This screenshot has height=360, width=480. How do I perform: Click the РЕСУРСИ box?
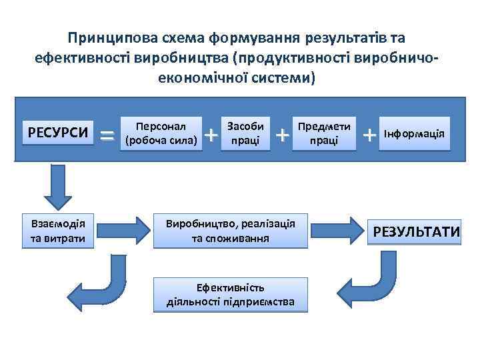pyautogui.click(x=57, y=132)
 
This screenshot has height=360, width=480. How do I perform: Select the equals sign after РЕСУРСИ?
pyautogui.click(x=106, y=135)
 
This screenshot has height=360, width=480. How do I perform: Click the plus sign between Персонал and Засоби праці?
pyautogui.click(x=211, y=135)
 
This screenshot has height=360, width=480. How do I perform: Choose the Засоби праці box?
pyautogui.click(x=246, y=133)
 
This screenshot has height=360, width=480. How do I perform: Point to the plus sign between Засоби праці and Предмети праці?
pyautogui.click(x=283, y=135)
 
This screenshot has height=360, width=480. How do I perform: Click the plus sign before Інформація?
pyautogui.click(x=369, y=135)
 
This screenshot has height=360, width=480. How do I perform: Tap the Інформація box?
pyautogui.click(x=414, y=133)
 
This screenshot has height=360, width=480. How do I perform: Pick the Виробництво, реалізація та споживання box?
pyautogui.click(x=230, y=231)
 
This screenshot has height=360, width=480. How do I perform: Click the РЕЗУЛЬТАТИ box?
pyautogui.click(x=417, y=232)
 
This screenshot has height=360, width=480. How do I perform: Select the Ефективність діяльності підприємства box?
pyautogui.click(x=230, y=295)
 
